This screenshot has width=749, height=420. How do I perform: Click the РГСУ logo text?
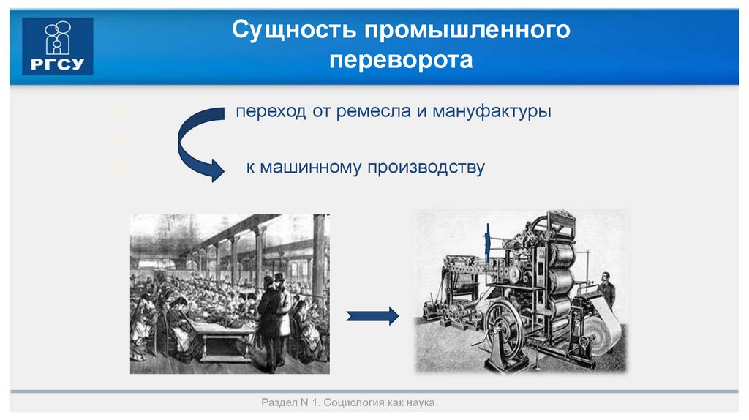click(x=58, y=63)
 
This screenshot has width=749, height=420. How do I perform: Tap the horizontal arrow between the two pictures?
click(x=372, y=315)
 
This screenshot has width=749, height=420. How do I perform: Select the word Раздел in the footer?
click(x=276, y=403)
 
